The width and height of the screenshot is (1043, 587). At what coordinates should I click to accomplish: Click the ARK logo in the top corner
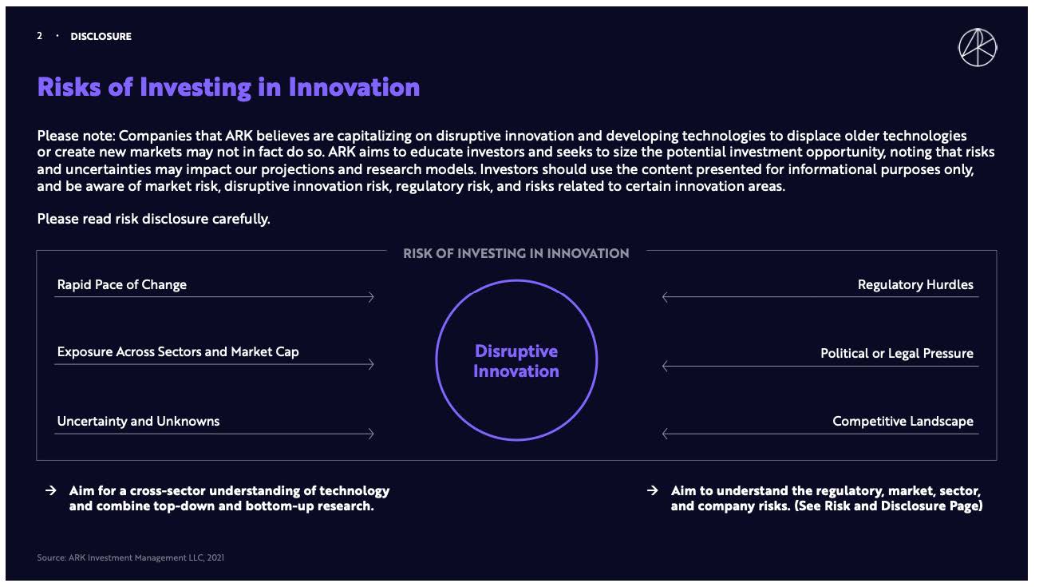(x=978, y=48)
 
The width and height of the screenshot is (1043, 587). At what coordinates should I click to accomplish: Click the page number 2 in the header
(x=40, y=36)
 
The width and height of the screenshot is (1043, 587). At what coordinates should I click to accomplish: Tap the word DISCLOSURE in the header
(x=101, y=37)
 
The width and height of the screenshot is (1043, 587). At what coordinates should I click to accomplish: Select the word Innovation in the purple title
(x=354, y=87)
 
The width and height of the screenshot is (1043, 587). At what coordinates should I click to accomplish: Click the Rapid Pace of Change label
(x=121, y=284)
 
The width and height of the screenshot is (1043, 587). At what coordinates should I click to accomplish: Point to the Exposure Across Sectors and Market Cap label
(x=178, y=351)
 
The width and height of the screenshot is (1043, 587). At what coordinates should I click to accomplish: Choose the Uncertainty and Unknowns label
(x=138, y=421)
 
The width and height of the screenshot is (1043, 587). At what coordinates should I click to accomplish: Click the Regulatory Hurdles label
(x=915, y=284)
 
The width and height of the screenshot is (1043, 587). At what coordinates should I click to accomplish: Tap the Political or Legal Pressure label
(x=897, y=353)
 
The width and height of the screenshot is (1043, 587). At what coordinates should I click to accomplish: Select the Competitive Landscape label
(x=903, y=421)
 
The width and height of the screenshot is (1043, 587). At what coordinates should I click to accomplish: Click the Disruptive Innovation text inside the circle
(x=516, y=361)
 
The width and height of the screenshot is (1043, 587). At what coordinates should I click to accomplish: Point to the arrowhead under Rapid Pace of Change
(x=372, y=297)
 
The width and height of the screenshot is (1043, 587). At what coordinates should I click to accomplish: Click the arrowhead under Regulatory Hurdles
(x=666, y=297)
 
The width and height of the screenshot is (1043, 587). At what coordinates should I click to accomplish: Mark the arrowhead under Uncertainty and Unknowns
(x=372, y=434)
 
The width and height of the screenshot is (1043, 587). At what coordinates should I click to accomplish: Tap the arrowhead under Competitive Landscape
(x=666, y=434)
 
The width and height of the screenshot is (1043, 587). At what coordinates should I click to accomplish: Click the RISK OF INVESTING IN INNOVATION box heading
(x=516, y=253)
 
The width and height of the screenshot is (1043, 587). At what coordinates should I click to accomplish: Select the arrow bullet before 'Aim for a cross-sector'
(x=51, y=490)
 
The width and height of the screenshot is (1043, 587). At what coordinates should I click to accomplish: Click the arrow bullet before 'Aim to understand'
(x=652, y=490)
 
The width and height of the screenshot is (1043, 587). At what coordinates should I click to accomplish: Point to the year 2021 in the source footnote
(x=215, y=557)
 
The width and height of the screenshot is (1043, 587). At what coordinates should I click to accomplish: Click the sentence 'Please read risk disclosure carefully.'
(x=154, y=219)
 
